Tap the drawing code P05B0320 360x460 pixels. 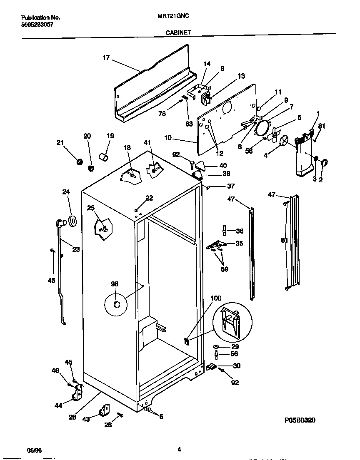298,421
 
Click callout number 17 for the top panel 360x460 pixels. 106,58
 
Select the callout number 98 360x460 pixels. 115,284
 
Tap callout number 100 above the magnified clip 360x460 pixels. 216,298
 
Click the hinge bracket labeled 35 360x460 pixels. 216,246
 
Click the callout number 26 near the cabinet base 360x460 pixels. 72,417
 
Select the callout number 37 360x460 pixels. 230,186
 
